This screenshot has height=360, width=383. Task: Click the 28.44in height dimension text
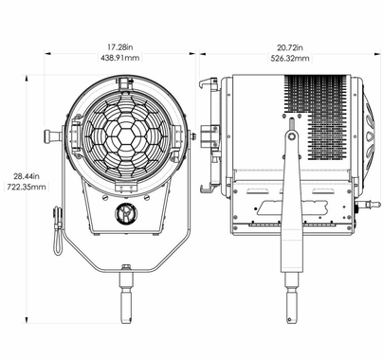[x=25, y=174]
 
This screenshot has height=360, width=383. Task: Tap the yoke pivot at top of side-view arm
[x=291, y=136]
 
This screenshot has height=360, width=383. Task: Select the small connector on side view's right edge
[x=358, y=203]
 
